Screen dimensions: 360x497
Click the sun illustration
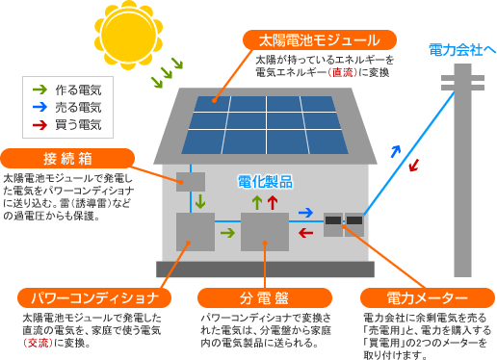click(126, 35)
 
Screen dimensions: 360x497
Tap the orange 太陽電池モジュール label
click(320, 40)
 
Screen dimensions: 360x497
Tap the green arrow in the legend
click(39, 90)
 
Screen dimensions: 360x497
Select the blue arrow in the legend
click(39, 107)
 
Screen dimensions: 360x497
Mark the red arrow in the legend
click(39, 124)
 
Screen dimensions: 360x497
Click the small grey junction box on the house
click(191, 181)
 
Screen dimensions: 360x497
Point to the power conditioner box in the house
click(196, 232)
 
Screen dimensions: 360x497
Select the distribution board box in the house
click(264, 232)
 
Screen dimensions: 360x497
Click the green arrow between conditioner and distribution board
click(227, 232)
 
